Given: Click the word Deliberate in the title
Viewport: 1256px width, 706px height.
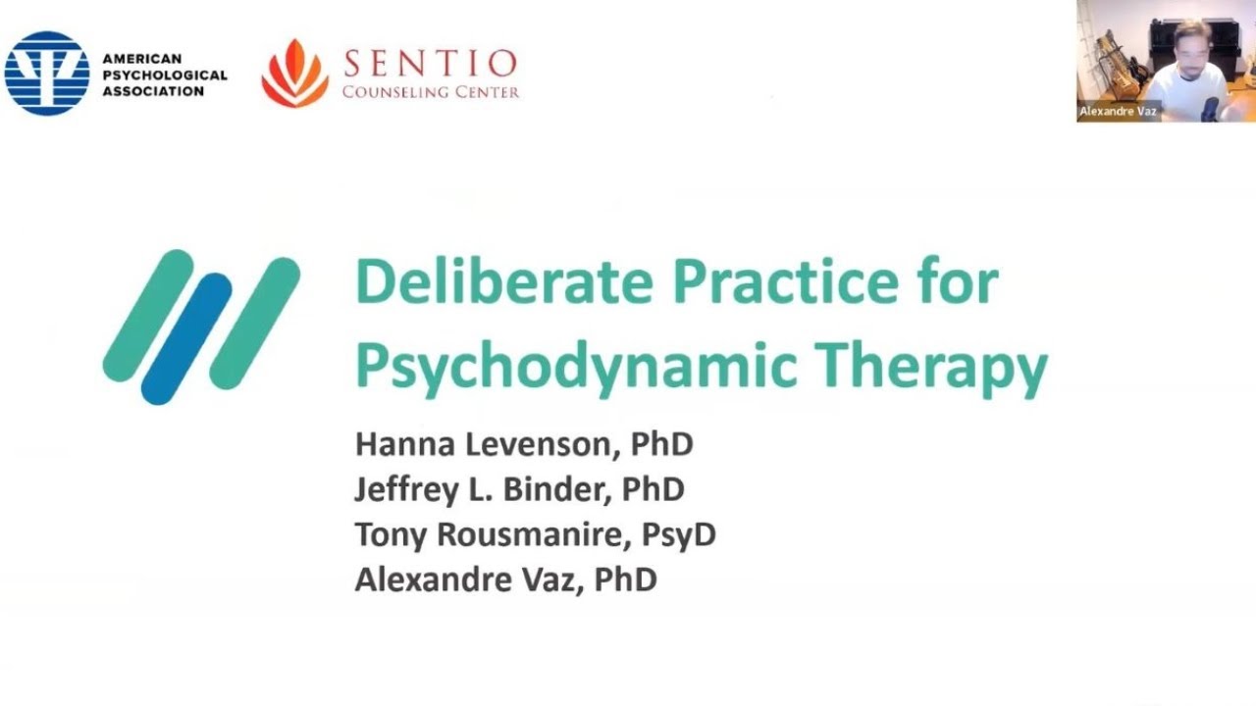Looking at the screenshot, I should (503, 282).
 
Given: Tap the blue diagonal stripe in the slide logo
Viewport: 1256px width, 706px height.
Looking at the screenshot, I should (186, 338).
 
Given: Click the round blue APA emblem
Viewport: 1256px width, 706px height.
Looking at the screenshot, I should (47, 74).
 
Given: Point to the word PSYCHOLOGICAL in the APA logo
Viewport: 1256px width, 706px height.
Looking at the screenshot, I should (164, 75).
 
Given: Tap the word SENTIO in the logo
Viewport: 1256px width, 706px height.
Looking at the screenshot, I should (430, 65).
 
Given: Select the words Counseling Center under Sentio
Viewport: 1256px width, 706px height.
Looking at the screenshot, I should (430, 92).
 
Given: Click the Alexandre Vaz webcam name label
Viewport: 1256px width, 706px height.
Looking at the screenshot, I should (1119, 112).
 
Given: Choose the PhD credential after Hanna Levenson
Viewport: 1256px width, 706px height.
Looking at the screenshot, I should (662, 444).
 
